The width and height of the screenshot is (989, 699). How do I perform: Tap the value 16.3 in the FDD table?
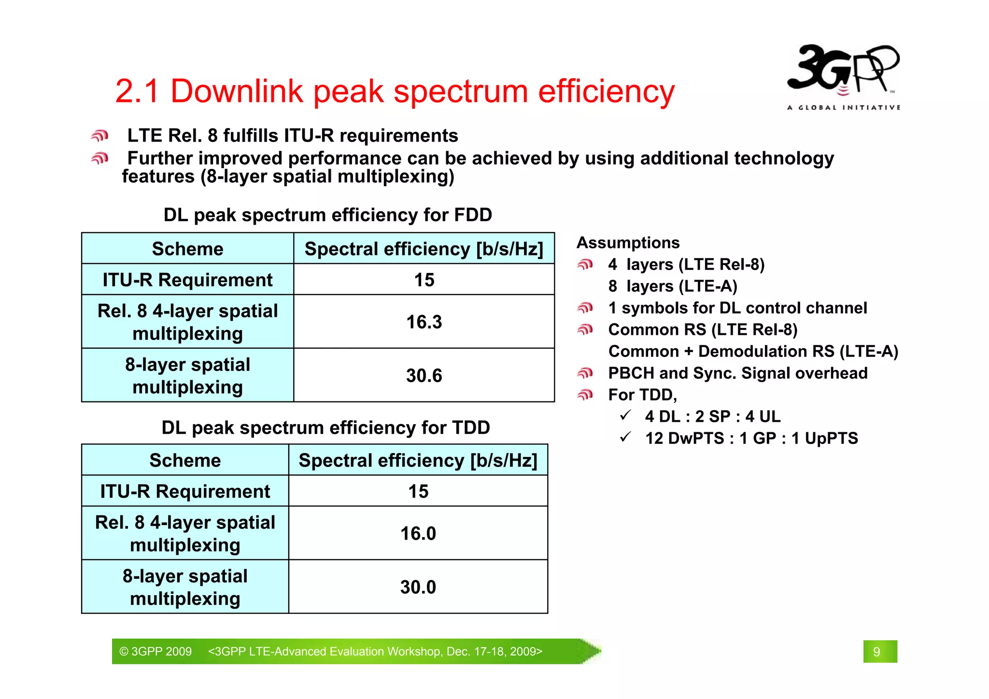[x=424, y=322]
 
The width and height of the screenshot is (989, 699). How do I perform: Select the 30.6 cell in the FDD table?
[x=424, y=376]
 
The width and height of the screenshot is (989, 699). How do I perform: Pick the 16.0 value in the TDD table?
[x=418, y=534]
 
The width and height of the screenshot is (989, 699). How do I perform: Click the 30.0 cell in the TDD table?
[x=418, y=587]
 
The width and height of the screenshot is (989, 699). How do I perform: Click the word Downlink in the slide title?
[x=237, y=91]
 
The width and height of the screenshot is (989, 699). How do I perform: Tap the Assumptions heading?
[x=628, y=243]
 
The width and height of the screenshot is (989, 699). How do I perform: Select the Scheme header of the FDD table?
[x=187, y=249]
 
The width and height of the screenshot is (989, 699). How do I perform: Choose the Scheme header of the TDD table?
[x=185, y=461]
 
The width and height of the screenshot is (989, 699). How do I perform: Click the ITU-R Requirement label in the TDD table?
[x=185, y=492]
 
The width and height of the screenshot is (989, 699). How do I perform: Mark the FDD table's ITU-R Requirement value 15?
[x=424, y=280]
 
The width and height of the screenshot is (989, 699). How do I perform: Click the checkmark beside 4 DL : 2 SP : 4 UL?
[x=626, y=415]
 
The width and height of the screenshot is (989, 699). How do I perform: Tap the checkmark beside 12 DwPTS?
[x=626, y=437]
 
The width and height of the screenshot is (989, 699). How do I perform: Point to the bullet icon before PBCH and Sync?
[x=585, y=373]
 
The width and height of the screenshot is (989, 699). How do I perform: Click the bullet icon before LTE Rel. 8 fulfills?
[x=100, y=136]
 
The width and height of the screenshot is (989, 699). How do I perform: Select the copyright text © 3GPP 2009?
[x=155, y=652]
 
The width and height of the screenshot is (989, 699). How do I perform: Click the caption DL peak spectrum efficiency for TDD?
[x=325, y=428]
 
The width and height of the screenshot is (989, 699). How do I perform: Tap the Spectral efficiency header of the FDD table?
[x=424, y=249]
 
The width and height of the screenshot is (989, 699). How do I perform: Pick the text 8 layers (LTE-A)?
[x=673, y=286]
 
